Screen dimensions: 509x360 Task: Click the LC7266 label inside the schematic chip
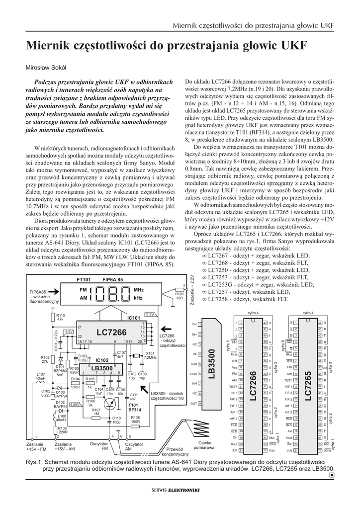coord(112,332)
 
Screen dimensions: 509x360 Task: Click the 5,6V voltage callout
coord(69,331)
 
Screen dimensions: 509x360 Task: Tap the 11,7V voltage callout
coord(150,314)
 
